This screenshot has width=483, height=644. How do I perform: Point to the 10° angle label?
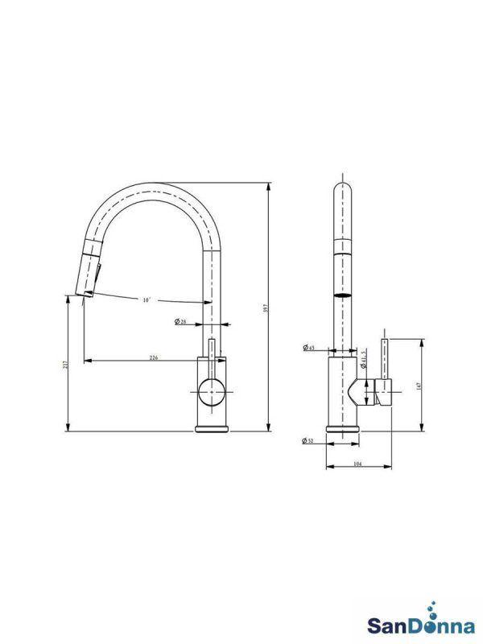tap(146, 300)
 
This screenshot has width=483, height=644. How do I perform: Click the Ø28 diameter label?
tap(180, 323)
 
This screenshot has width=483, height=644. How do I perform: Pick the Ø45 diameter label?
tap(308, 348)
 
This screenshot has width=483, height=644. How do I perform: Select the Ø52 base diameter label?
tap(308, 440)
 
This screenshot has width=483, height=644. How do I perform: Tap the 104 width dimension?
tap(357, 466)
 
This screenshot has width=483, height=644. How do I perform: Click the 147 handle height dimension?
tap(419, 386)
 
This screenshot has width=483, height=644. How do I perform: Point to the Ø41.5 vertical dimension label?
tap(365, 361)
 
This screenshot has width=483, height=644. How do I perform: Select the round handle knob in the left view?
tap(212, 392)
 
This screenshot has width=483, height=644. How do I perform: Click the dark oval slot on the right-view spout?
tap(343, 296)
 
